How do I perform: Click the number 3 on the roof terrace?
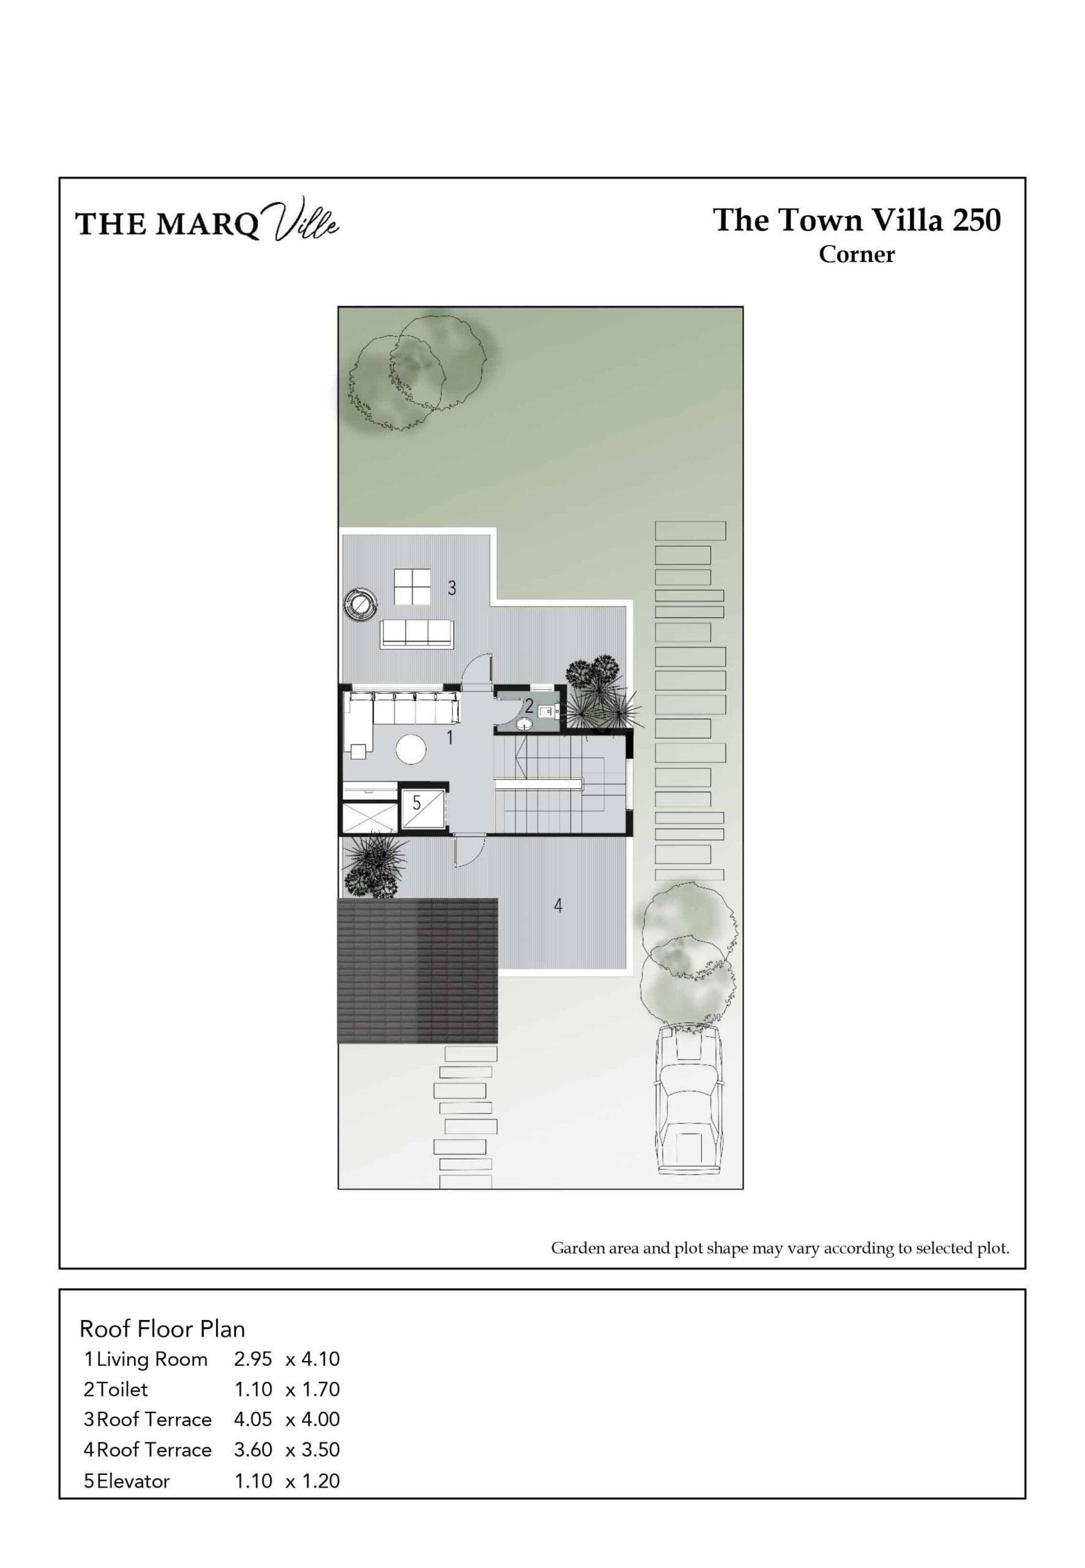(452, 588)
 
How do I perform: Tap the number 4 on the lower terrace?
(558, 906)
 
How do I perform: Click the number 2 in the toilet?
(529, 706)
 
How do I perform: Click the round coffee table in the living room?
(411, 749)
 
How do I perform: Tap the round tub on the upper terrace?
(360, 604)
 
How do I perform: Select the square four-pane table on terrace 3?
(412, 586)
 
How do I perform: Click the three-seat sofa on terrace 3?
(418, 635)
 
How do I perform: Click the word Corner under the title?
(857, 254)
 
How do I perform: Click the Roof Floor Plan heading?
(162, 1329)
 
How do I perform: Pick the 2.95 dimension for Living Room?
(253, 1359)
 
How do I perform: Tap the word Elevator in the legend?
(133, 1481)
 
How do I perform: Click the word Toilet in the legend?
(122, 1389)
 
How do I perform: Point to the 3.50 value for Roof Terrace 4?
(320, 1450)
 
